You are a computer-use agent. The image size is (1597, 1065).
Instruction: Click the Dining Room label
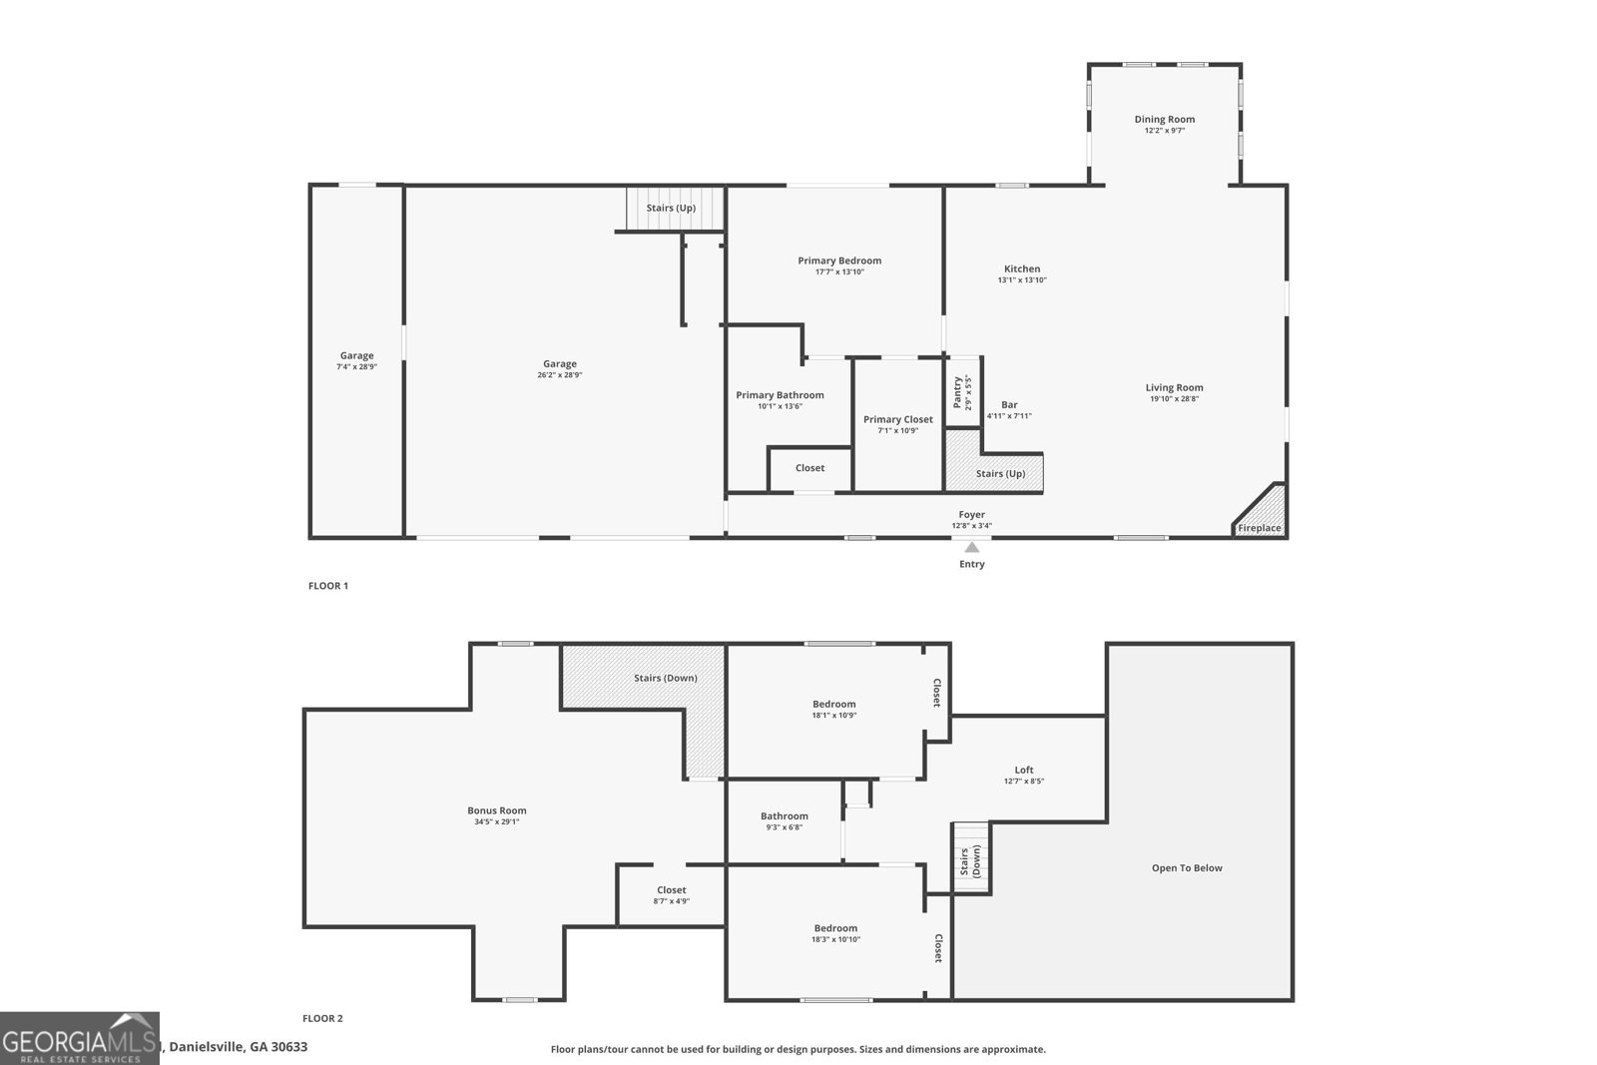pos(1164,120)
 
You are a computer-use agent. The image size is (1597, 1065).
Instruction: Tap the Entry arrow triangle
pos(971,547)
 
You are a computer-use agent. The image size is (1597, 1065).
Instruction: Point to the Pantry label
pos(957,391)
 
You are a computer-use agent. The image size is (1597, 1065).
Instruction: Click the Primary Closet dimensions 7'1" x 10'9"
pos(897,431)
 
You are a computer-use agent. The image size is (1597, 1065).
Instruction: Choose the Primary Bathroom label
pos(780,395)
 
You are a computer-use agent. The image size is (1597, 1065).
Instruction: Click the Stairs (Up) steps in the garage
pos(671,208)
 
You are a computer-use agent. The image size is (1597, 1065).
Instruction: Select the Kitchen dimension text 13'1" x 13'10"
pos(1022,280)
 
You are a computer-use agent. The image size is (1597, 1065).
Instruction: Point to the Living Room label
pos(1174,387)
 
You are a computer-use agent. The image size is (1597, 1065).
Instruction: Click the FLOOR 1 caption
pos(327,586)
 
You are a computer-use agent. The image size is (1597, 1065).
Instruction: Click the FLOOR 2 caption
pos(322,1018)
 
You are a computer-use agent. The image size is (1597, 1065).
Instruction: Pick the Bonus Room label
pos(496,810)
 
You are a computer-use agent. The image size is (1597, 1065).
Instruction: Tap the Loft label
pos(1024,770)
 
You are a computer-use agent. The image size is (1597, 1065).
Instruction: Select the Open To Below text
pos(1187,867)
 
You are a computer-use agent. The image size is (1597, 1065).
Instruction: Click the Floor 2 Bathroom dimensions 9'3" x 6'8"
pos(784,827)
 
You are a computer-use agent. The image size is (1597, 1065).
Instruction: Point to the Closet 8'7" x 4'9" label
pos(671,890)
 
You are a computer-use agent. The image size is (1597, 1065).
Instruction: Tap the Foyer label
pos(971,514)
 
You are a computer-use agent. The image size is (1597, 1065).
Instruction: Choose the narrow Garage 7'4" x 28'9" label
pos(356,355)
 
